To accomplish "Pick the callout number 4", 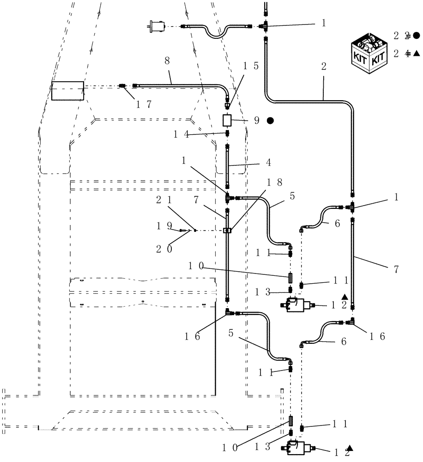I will [x=268, y=163].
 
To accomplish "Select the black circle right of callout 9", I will [x=271, y=121].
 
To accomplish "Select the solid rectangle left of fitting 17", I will [x=67, y=91].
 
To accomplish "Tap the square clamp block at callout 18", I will [x=227, y=231].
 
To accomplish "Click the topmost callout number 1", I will [x=323, y=23].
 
